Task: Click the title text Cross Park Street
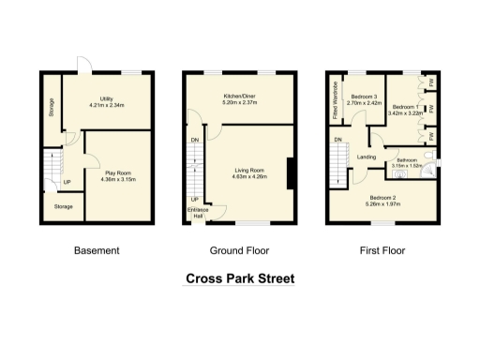pyautogui.click(x=240, y=278)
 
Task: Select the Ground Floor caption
pyautogui.click(x=240, y=250)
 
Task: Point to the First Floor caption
pyautogui.click(x=384, y=250)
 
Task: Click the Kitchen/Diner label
pyautogui.click(x=241, y=97)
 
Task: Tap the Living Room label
pyautogui.click(x=250, y=170)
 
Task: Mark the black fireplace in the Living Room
pyautogui.click(x=290, y=174)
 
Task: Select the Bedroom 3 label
pyautogui.click(x=365, y=97)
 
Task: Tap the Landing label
pyautogui.click(x=367, y=157)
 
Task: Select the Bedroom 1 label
pyautogui.click(x=402, y=107)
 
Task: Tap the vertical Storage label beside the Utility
pyautogui.click(x=51, y=110)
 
